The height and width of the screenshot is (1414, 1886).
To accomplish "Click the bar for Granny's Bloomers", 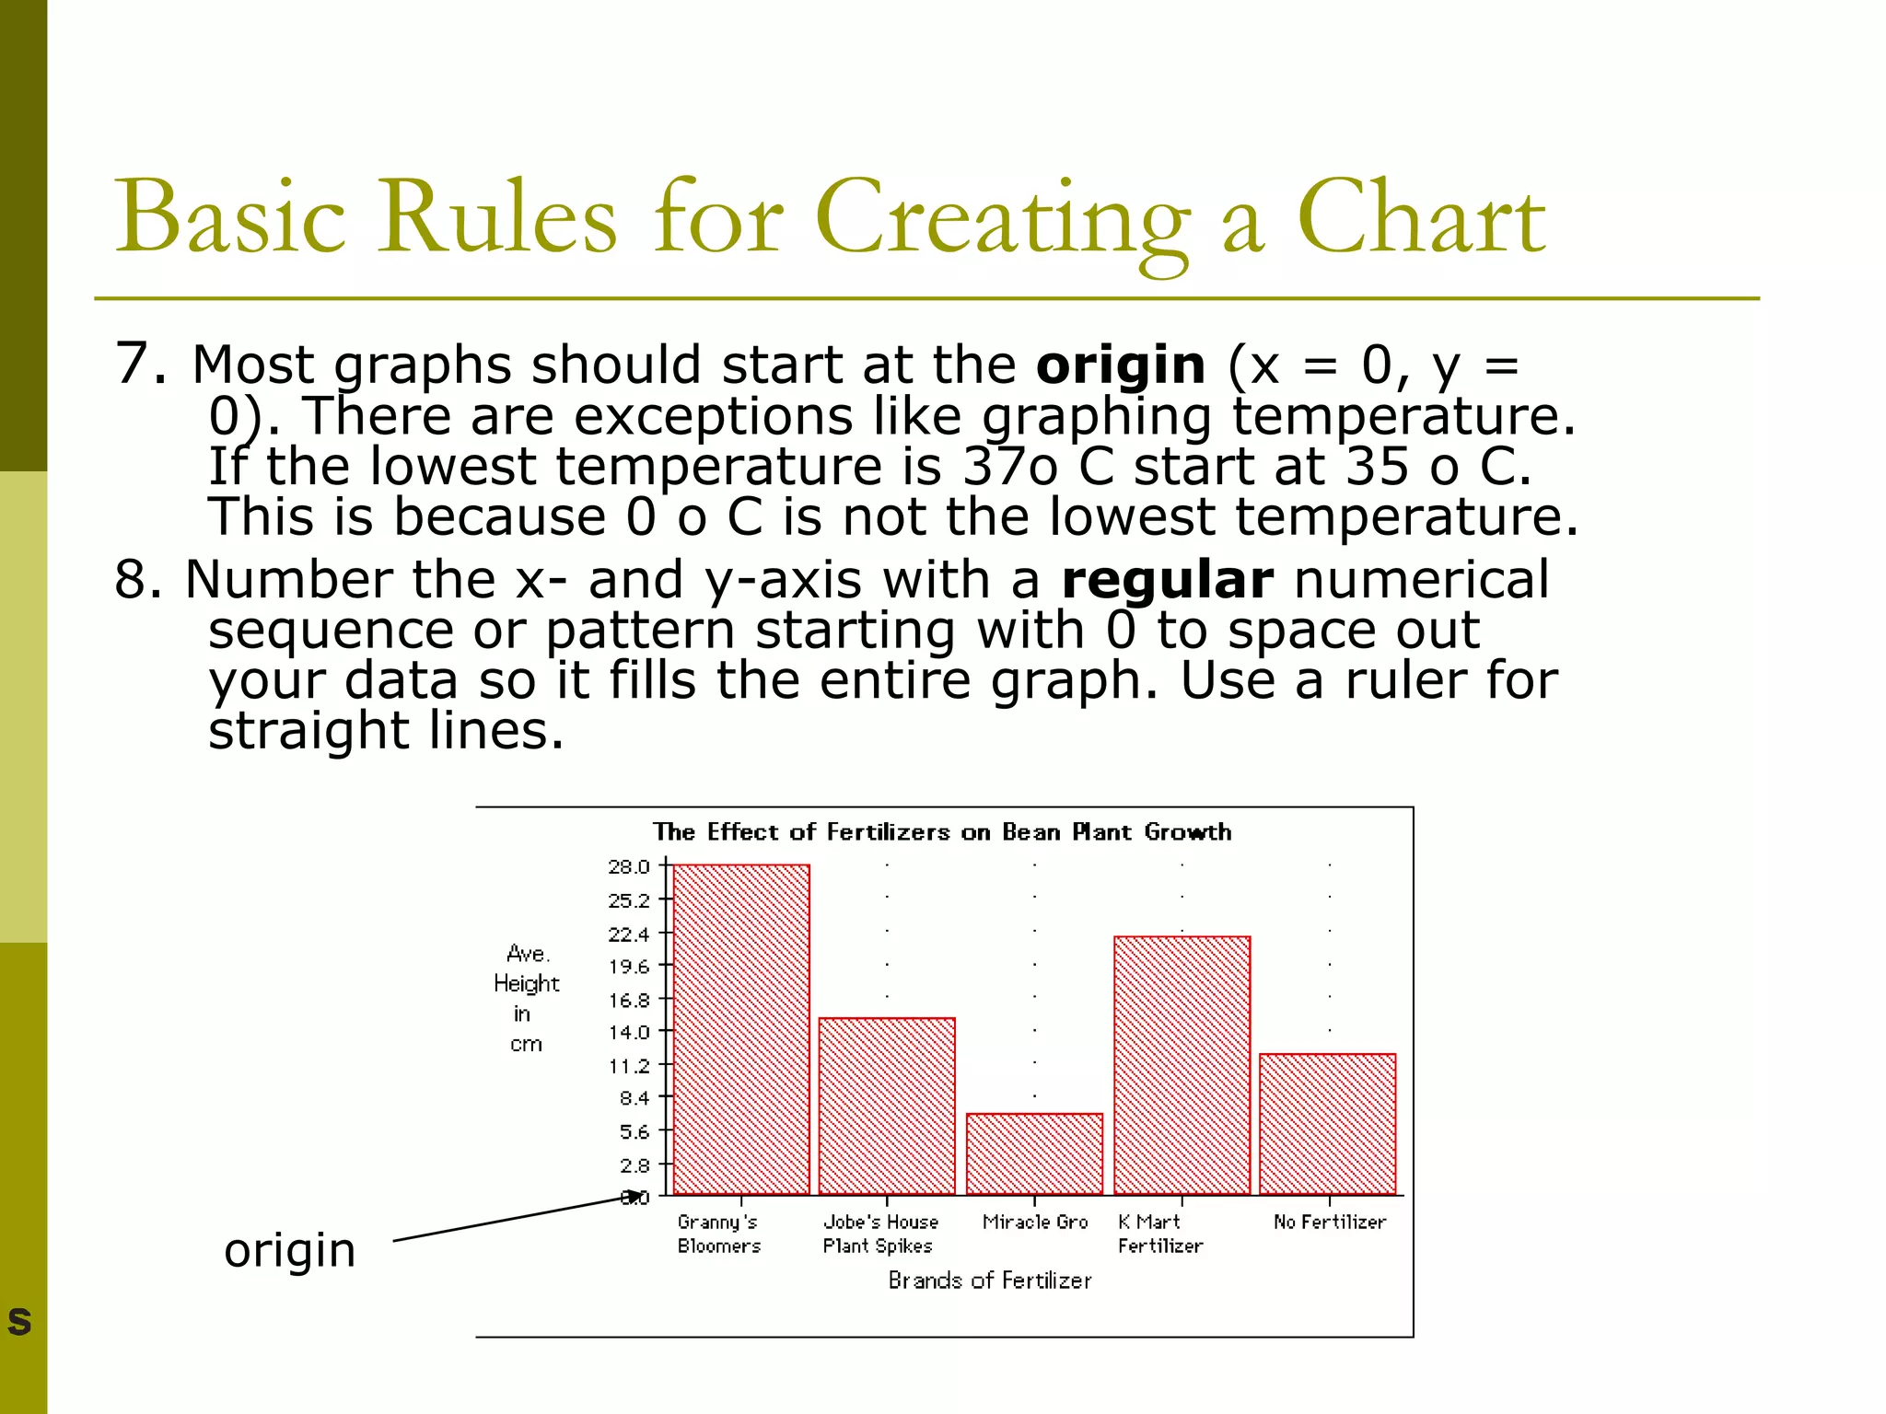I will tap(741, 1029).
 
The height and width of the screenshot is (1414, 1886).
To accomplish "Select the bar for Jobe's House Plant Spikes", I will tap(887, 1106).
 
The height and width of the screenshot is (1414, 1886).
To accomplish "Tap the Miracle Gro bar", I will tap(1034, 1153).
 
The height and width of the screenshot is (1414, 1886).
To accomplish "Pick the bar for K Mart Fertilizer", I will tap(1182, 1065).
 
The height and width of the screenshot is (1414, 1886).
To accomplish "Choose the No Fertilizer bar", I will tap(1327, 1123).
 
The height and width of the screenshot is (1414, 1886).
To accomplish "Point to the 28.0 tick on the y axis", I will tap(629, 866).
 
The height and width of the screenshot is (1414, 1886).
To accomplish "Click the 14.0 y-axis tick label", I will tap(629, 1032).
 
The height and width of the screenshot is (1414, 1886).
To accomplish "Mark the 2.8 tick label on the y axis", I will tap(634, 1165).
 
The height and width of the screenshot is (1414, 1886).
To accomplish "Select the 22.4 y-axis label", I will tap(629, 933).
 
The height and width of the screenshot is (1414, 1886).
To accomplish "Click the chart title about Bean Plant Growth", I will tap(942, 832).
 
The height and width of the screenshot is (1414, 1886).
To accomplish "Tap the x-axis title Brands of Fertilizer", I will tap(990, 1281).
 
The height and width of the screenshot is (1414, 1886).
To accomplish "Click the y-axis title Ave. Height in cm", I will tap(526, 999).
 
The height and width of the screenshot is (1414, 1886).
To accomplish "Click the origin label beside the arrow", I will tap(289, 1250).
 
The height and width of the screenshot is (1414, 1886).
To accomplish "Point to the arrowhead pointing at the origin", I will tap(634, 1196).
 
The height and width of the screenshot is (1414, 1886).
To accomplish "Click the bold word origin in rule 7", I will tap(1120, 365).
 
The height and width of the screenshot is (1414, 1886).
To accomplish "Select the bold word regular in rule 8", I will tap(1167, 580).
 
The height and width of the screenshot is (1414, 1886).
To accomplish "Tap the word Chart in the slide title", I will tap(1421, 218).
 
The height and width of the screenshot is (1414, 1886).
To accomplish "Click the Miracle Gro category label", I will tap(1035, 1222).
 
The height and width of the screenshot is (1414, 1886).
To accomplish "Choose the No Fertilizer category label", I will tap(1329, 1222).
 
